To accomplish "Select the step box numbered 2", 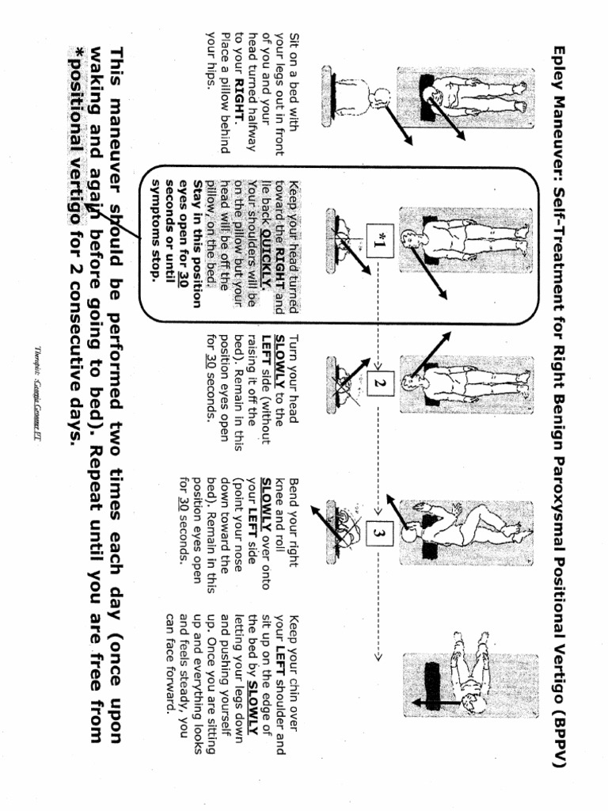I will coord(378,383).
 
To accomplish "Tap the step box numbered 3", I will coord(378,535).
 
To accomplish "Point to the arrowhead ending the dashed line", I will coord(378,657).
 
